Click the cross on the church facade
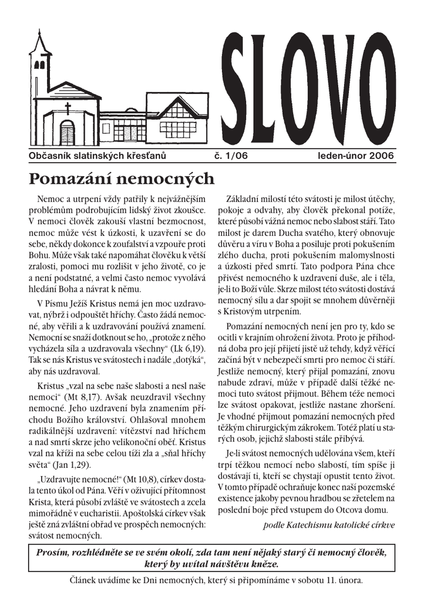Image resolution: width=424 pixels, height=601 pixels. [68, 108]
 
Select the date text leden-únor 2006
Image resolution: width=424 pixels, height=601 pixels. [356, 156]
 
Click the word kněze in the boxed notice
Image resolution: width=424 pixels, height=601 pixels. [267, 564]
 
